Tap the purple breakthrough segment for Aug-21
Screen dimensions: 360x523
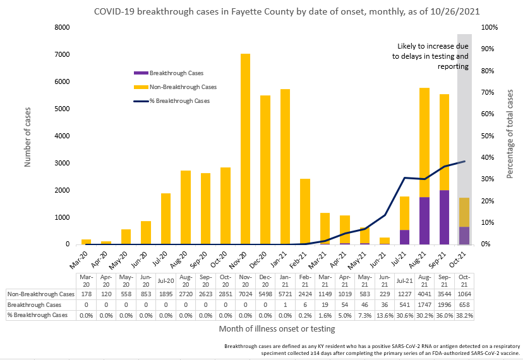click(424, 220)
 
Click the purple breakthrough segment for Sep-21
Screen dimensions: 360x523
click(444, 217)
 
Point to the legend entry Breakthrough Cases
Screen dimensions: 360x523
click(176, 73)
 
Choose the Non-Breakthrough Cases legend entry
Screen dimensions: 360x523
click(183, 87)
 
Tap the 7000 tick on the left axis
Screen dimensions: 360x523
click(61, 55)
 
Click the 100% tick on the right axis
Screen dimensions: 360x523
click(490, 28)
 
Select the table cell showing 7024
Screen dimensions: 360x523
click(245, 294)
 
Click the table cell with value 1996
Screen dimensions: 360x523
click(444, 304)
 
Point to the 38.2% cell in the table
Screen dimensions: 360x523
click(464, 315)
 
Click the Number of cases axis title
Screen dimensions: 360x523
click(28, 136)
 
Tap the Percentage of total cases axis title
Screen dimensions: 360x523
click(510, 136)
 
